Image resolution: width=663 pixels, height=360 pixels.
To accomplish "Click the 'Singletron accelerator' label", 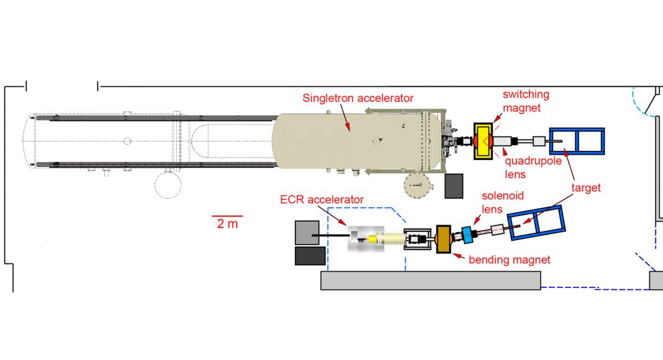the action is coord(358,98).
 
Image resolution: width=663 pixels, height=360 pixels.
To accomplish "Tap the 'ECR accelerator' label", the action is coord(322,199).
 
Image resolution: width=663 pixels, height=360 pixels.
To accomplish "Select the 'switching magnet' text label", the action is coord(526,101).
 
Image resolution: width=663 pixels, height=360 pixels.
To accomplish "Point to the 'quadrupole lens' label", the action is coord(533,168).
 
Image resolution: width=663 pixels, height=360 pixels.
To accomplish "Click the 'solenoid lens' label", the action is coord(503,202).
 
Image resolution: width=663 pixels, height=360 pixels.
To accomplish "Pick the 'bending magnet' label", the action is coord(510,259).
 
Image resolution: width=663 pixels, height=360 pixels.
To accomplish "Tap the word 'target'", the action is coord(586,188).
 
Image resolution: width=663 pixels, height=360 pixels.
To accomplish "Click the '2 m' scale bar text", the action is coord(227,223).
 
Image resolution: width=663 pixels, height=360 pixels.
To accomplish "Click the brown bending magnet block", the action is coord(443,239).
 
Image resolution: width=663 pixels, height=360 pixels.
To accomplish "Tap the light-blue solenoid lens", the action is coord(467,235).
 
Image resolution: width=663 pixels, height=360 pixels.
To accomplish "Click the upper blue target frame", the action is coord(577,141).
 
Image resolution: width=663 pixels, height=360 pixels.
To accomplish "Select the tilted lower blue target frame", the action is coord(536,223).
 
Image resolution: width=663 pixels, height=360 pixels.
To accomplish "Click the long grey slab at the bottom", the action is coord(430,281).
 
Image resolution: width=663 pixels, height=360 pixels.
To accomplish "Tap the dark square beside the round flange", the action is coord(454,186).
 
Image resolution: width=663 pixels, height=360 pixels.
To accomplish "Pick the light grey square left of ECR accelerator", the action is coord(307,232).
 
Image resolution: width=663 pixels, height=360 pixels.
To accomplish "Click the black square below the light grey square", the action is coord(310,256).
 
